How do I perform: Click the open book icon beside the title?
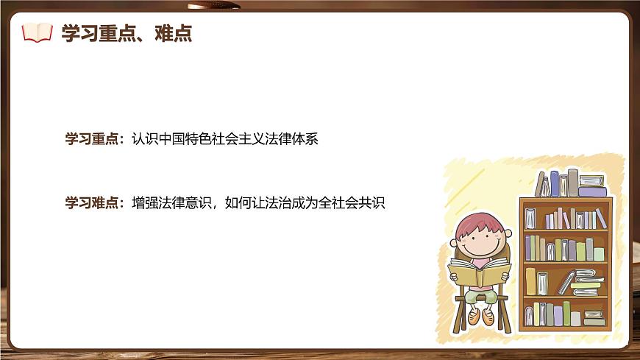(x=38, y=32)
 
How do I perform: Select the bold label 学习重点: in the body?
(x=95, y=139)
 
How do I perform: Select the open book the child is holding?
(x=479, y=273)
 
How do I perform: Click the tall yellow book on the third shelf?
(x=530, y=281)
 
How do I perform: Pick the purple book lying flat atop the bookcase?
(x=592, y=191)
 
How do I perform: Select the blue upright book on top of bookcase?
(x=555, y=183)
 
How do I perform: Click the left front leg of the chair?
(x=461, y=313)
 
